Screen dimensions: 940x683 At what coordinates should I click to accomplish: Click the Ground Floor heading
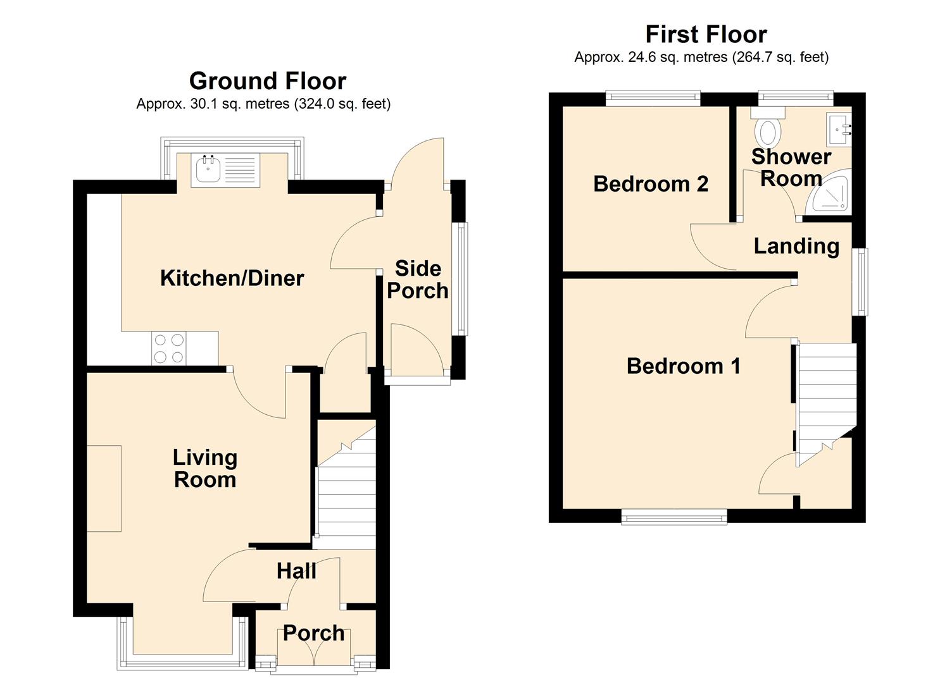(x=268, y=81)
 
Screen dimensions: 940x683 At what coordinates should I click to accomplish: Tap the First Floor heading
(x=706, y=34)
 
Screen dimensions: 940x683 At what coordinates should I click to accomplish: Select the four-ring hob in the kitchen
(x=170, y=348)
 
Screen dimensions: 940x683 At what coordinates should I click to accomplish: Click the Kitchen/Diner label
(x=232, y=278)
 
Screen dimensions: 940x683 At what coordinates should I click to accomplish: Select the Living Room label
(x=205, y=469)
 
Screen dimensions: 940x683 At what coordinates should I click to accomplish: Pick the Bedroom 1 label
(x=684, y=366)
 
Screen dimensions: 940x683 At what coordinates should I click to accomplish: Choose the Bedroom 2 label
(x=651, y=183)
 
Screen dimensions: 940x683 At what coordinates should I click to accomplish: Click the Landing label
(x=796, y=246)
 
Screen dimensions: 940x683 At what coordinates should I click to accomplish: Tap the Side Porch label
(x=418, y=280)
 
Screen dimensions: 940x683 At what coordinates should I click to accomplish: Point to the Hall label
(x=296, y=570)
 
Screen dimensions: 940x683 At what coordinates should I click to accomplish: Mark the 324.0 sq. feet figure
(x=342, y=104)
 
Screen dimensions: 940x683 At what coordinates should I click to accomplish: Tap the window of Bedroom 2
(x=653, y=99)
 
